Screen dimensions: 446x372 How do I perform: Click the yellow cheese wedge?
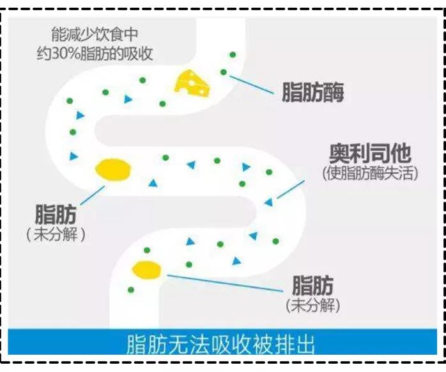pos(192,83)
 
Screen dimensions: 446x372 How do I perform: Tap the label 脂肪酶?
pos(312,92)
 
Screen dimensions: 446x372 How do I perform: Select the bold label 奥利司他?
pos(370,154)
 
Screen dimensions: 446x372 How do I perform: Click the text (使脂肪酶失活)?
pos(371,173)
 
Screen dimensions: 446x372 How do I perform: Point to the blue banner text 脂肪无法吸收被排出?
pos(220,344)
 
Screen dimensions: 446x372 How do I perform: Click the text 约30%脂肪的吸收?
pos(95,54)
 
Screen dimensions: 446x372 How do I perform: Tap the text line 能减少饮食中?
pos(95,35)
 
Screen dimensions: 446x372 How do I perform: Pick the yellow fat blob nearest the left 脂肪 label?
pos(113,170)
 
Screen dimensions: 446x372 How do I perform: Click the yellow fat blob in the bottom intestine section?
pos(147,270)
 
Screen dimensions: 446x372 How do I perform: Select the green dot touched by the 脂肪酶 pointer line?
pos(224,72)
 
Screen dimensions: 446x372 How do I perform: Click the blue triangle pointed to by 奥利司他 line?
pos(268,202)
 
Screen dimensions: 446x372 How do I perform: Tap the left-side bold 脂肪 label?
pos(56,214)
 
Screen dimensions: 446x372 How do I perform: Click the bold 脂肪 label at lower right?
pos(312,286)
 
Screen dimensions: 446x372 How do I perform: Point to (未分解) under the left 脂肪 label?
pos(56,234)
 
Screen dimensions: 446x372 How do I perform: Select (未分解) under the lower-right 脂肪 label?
pos(313,305)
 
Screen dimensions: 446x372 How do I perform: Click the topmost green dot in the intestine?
pos(233,54)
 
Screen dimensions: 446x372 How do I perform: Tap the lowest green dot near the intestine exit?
pos(131,290)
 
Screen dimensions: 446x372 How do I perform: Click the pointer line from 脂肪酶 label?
pos(251,85)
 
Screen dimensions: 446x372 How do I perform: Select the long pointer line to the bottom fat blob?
pos(225,284)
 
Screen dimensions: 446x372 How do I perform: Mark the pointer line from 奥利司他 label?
pos(291,189)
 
